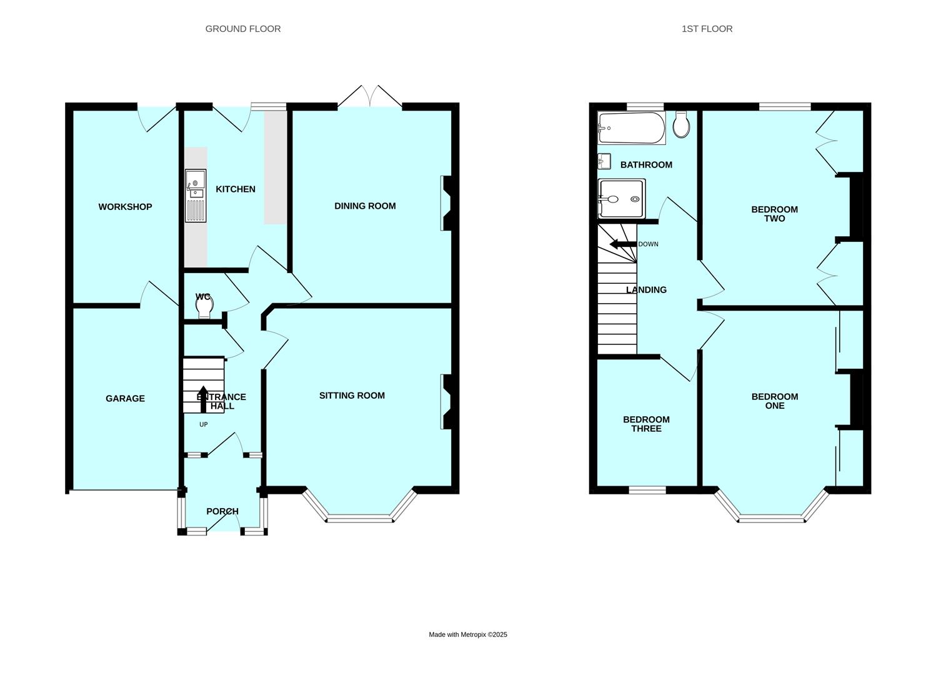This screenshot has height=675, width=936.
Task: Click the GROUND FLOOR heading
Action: click(x=243, y=29)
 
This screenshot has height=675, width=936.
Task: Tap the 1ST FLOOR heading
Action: click(x=707, y=29)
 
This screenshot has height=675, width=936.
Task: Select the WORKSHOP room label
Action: click(x=125, y=207)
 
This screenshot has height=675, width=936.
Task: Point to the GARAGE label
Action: click(x=125, y=399)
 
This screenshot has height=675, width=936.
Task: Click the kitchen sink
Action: click(x=196, y=196)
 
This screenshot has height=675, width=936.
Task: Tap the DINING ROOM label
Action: click(x=365, y=206)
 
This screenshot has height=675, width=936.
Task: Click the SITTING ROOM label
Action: click(x=352, y=396)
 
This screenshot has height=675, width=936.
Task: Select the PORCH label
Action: click(x=222, y=511)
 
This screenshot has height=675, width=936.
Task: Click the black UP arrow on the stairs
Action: click(x=204, y=399)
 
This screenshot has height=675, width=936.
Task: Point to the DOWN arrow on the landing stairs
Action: click(x=623, y=244)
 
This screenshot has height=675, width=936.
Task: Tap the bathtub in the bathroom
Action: click(x=631, y=128)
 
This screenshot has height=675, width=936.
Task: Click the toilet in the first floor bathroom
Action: click(x=681, y=124)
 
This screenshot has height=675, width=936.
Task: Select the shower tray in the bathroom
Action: click(x=622, y=199)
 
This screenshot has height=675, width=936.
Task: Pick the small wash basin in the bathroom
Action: click(x=604, y=161)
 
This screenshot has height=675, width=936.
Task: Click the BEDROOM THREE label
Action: click(x=646, y=424)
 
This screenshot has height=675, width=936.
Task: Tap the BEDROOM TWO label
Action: click(x=774, y=214)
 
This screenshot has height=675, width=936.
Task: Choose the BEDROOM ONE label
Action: click(x=775, y=401)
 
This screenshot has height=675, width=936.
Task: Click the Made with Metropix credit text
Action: click(x=468, y=634)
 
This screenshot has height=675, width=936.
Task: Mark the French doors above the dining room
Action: click(x=370, y=96)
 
